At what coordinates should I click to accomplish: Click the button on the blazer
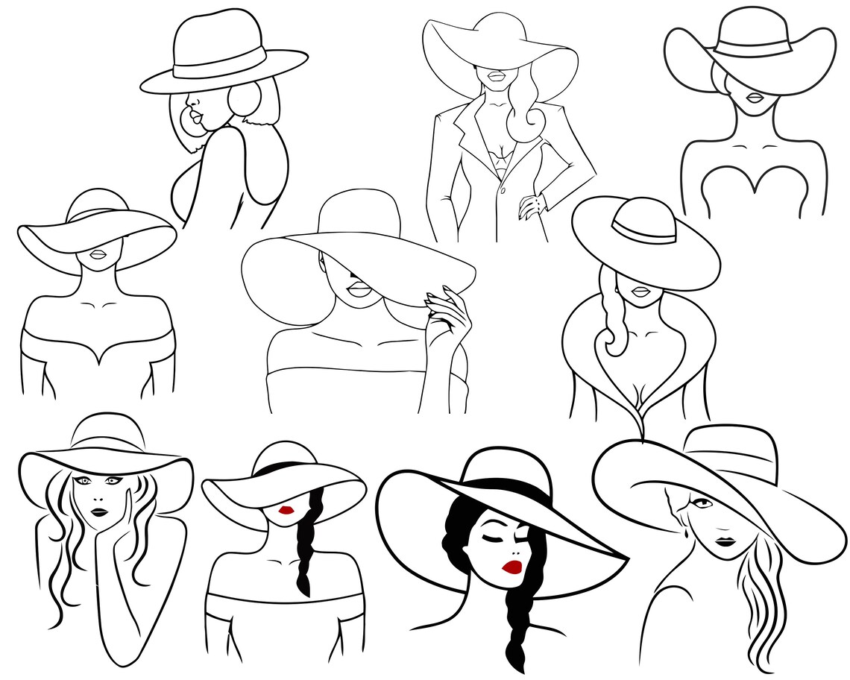point(504,190)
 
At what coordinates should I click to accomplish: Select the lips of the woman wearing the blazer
point(496,76)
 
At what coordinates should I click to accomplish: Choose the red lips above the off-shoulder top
point(286,510)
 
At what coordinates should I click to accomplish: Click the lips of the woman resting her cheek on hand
point(99,511)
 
